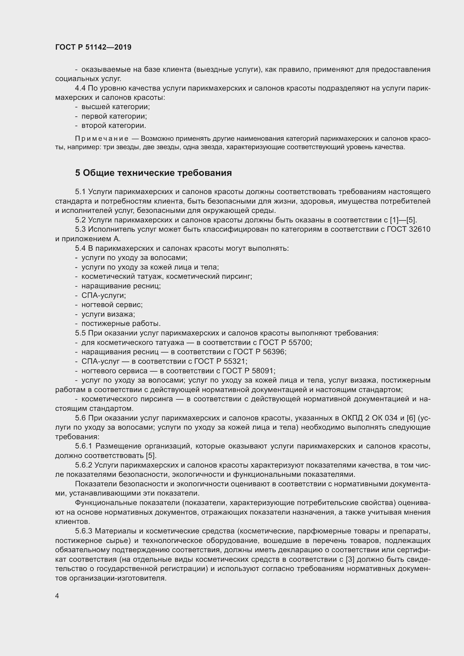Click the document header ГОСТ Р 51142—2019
(x=93, y=47)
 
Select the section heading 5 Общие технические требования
(x=153, y=173)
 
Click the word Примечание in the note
(x=102, y=139)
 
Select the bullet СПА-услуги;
(x=104, y=295)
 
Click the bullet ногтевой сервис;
(x=112, y=305)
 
